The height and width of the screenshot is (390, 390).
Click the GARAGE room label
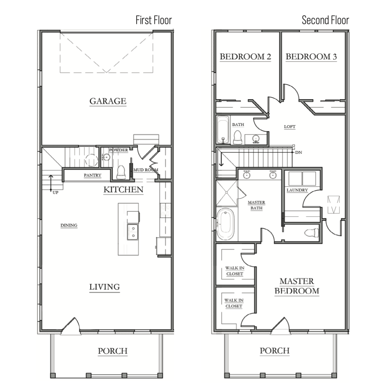point(108,101)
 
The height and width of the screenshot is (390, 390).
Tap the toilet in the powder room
point(121,172)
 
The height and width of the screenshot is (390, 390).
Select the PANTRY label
point(92,175)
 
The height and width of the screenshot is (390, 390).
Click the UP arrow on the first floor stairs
point(51,183)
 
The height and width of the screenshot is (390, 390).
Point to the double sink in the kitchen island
point(133,232)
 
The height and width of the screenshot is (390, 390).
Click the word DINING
point(69,225)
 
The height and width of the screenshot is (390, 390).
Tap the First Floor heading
point(154,20)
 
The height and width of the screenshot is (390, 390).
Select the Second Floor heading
point(325,20)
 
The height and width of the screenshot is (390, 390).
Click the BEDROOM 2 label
point(245,57)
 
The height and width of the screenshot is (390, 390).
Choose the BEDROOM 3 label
point(311,57)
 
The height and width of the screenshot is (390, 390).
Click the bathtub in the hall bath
point(223,130)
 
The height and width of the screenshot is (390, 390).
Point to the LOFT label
point(290,127)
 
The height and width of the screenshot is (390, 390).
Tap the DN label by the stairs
point(298,152)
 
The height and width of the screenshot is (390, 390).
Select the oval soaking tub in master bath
point(225,224)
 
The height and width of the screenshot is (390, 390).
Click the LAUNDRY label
point(297,190)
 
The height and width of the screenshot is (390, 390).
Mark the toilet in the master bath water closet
point(311,232)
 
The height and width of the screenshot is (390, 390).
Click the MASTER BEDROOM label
point(297,286)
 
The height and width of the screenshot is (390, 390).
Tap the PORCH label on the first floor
point(112,351)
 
